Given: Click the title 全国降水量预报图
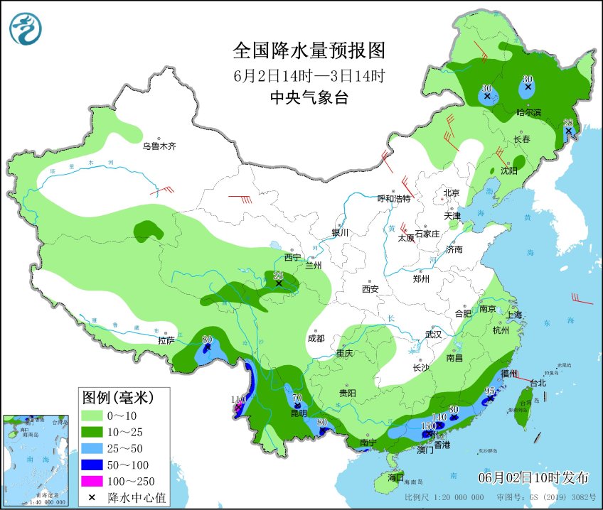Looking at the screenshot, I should click(x=309, y=51).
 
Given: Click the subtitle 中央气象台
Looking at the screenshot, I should click(x=309, y=99).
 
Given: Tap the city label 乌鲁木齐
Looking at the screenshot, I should click(x=158, y=146).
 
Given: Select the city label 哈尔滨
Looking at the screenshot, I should click(x=528, y=113).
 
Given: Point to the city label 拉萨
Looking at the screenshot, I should click(x=166, y=340).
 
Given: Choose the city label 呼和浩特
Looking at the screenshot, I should click(x=394, y=199).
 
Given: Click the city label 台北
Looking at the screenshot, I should click(x=538, y=383).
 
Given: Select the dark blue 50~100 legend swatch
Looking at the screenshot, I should click(x=92, y=465).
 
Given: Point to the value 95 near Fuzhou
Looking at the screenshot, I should click(x=489, y=391).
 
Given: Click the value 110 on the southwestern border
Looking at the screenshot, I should click(x=238, y=400).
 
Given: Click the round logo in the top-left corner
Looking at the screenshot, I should click(x=26, y=29).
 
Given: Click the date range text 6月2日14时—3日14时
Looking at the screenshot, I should click(x=309, y=75).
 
